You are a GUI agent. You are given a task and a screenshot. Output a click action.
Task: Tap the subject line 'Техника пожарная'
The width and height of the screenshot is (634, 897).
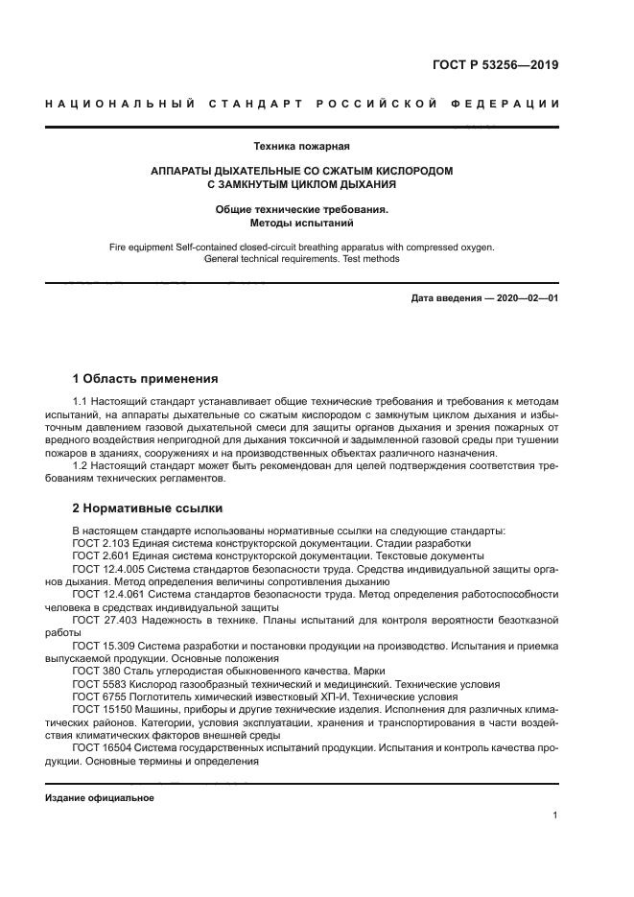coord(300,147)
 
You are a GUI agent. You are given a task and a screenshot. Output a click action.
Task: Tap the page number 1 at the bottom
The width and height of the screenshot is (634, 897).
coord(555,814)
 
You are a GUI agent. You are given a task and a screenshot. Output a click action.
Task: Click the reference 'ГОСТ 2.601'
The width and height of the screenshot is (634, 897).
coord(100,555)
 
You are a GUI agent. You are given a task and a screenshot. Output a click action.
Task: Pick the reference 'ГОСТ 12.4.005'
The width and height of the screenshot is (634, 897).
coord(106,569)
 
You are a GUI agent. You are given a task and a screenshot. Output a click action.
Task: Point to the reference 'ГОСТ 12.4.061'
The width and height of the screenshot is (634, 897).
coord(106,594)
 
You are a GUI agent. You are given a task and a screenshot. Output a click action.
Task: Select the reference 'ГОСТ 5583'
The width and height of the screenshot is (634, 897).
coord(98,684)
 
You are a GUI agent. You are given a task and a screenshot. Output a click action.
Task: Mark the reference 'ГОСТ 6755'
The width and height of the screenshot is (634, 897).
coord(98,696)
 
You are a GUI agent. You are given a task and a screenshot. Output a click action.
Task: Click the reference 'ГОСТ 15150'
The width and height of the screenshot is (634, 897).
coord(101,709)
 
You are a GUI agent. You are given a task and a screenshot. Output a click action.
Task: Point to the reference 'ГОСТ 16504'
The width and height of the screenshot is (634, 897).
coord(101,747)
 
